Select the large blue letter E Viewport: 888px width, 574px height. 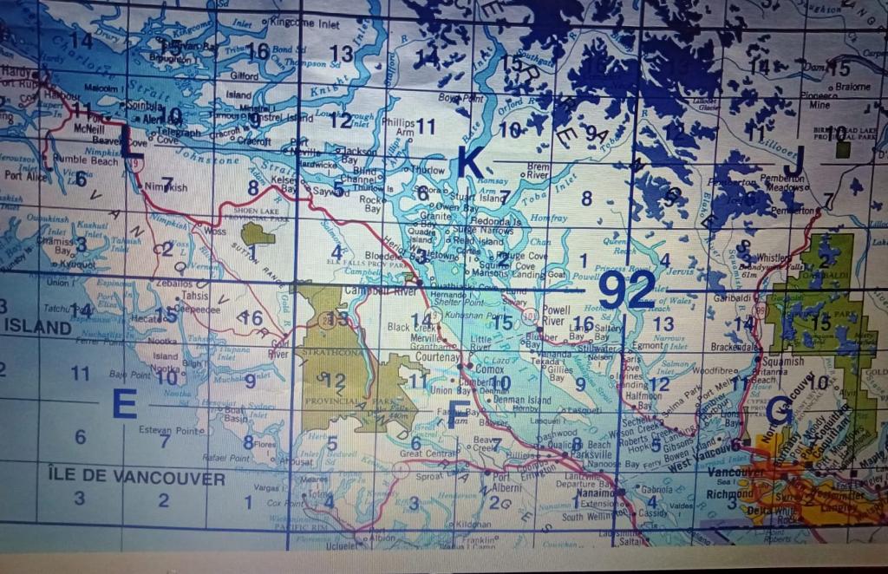[124, 404]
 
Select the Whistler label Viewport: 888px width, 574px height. [774, 258]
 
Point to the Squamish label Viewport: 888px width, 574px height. [784, 362]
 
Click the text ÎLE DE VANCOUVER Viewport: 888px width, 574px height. [137, 479]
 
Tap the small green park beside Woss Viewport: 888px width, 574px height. [258, 233]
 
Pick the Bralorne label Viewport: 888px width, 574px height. [852, 87]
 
